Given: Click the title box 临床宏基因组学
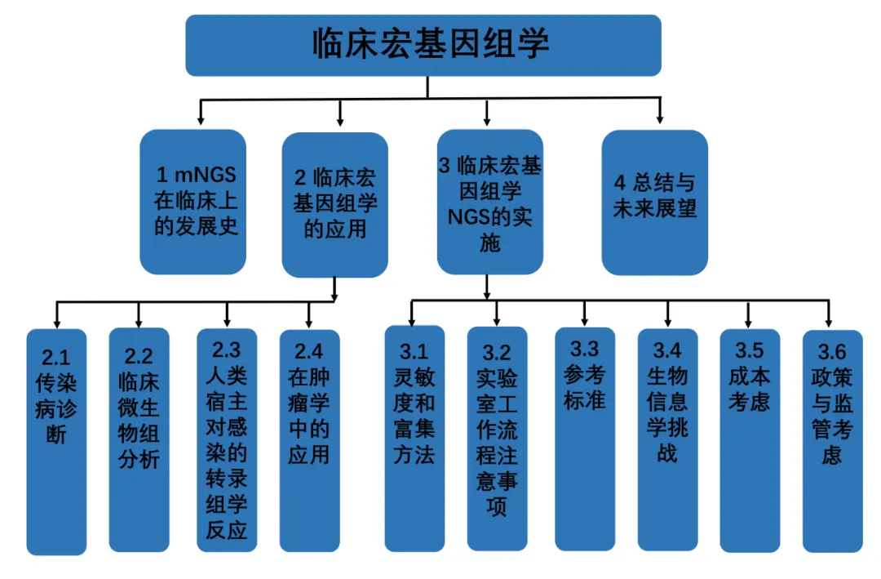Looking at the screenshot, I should coord(423,45).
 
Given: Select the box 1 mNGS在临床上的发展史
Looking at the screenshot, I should coord(193,202).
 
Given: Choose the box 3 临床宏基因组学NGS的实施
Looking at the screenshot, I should coord(489,202).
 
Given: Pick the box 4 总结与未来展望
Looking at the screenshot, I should coord(654,202).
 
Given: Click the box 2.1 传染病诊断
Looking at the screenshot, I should coord(56,441).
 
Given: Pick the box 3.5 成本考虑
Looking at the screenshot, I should coord(750,441).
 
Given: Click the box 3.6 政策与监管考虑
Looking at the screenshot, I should coord(831,441).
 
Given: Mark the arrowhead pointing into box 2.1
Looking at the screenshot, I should coord(56,320).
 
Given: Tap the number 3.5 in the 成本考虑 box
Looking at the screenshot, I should coord(750,351).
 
